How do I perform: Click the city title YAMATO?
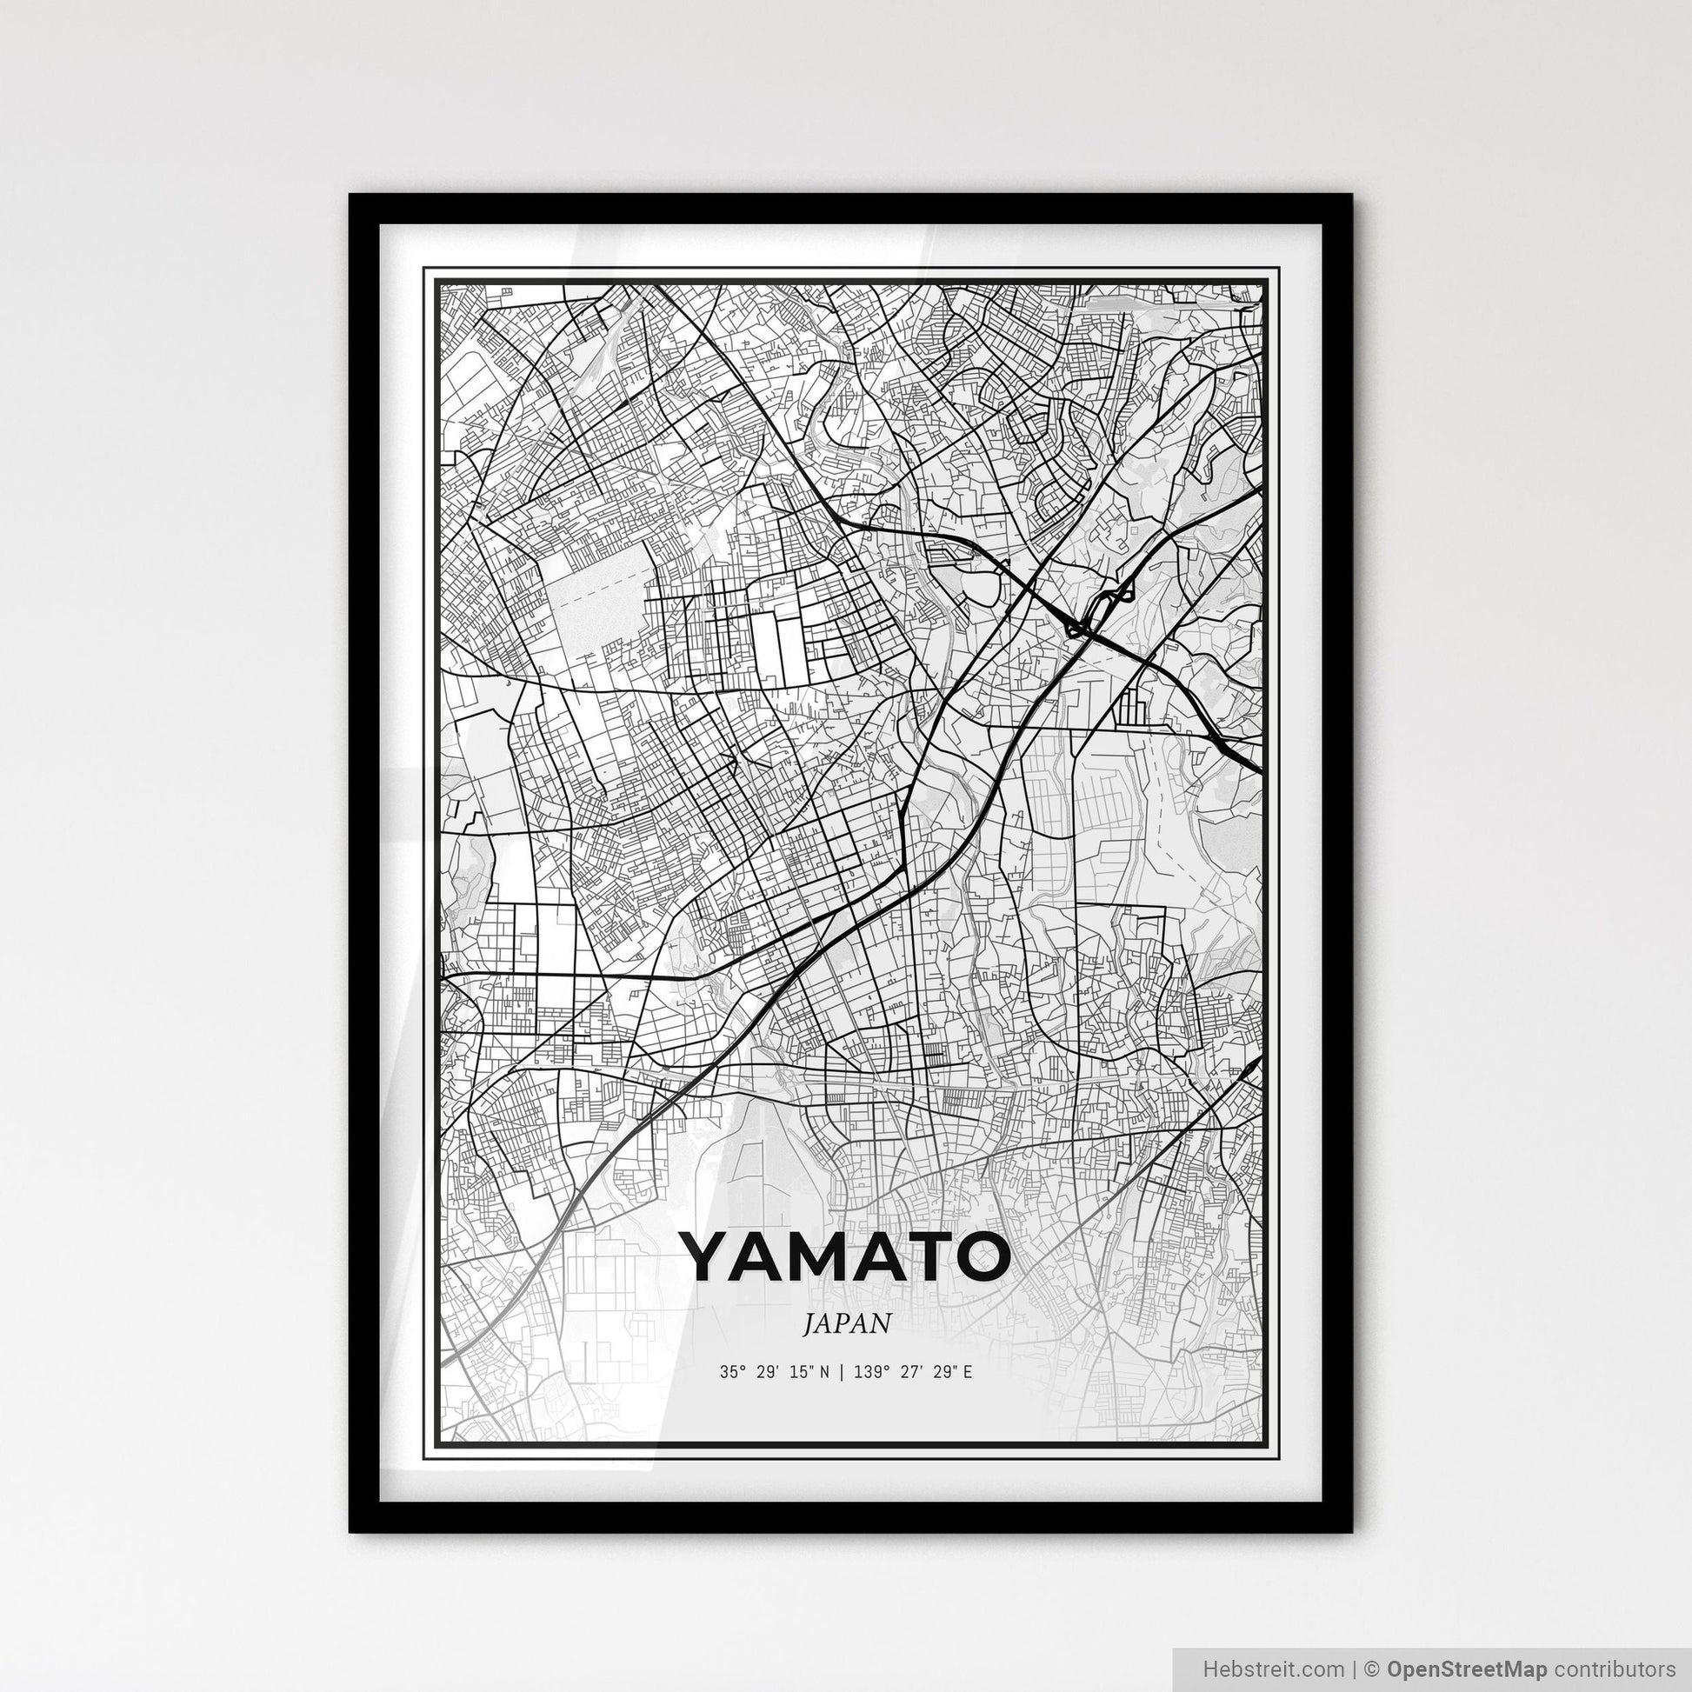[845, 1256]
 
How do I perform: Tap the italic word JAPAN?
[846, 1323]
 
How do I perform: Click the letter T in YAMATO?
[934, 1256]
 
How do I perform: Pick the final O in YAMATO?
[980, 1256]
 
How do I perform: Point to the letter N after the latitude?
[823, 1372]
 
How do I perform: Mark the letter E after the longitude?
[967, 1372]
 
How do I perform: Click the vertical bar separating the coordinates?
[840, 1372]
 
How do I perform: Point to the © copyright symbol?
[1372, 1667]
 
